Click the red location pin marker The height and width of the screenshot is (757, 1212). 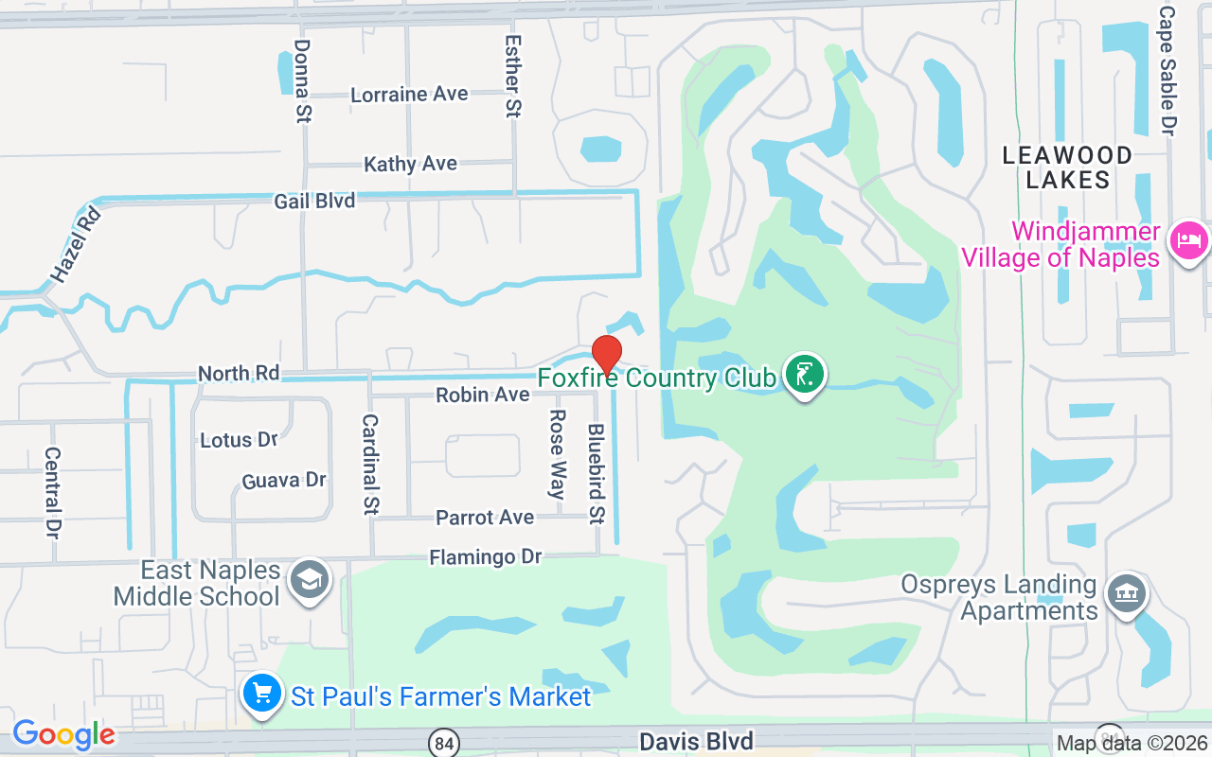coord(606,355)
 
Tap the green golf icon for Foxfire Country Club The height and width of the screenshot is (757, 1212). coord(804,375)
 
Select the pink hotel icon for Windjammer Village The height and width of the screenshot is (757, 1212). coord(1187,240)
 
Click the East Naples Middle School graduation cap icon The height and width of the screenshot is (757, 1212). coord(310,579)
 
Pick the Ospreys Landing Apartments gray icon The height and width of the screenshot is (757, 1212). coord(1126,594)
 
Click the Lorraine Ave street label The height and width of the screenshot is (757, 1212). coord(409,95)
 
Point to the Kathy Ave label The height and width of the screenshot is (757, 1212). coord(410,164)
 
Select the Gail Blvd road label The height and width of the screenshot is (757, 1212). coord(314,201)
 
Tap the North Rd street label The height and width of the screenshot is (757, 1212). coord(239,374)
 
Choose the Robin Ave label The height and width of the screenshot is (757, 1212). coord(482,395)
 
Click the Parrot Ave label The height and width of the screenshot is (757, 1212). coord(485,518)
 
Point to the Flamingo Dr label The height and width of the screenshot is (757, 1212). coord(485,557)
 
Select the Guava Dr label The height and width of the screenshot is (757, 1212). coord(284,481)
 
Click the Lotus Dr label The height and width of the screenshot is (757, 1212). coord(239,440)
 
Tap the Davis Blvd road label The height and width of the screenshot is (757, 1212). coord(696,741)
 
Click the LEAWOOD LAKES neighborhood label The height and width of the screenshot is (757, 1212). coord(1067,167)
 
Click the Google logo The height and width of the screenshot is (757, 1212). coord(63,734)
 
